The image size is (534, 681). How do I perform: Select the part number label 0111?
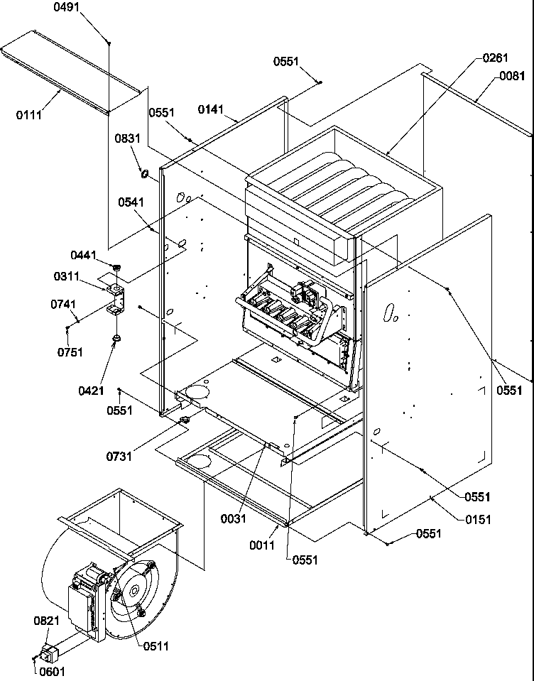point(29,114)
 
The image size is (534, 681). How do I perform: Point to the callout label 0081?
point(511,76)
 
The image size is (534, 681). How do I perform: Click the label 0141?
point(211,109)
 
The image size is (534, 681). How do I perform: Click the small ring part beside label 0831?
point(144,174)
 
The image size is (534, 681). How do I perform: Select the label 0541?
point(131,202)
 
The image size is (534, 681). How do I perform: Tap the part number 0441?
point(82,254)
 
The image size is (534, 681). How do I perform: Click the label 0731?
point(119,457)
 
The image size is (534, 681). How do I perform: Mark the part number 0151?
point(478,519)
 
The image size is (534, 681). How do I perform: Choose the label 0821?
point(45,620)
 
